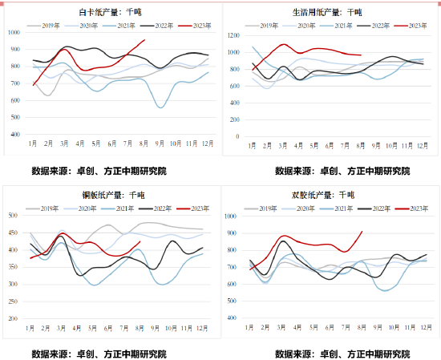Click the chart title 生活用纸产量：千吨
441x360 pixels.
[x=328, y=13]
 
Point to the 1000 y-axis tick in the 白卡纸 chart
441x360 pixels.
[x=15, y=33]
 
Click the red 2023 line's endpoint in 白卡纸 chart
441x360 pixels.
[x=144, y=40]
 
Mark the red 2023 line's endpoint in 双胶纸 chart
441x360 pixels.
[x=362, y=232]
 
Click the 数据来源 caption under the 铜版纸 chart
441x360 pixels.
[x=99, y=353]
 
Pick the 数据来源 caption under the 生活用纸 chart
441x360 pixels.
[x=342, y=171]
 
